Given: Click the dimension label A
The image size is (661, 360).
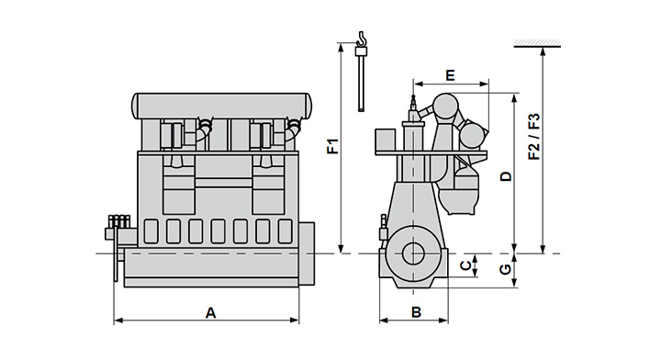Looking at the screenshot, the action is tap(210, 313).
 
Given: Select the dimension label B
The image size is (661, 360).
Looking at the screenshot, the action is tap(416, 312).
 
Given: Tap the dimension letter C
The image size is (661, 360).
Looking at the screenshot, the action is tap(465, 265).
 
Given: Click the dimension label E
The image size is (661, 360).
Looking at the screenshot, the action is tap(450, 75).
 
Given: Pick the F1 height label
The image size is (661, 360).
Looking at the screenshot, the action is tap(333, 146).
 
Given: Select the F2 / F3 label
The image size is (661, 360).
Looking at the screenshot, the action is tap(534, 137).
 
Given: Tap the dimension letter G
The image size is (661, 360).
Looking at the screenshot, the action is tap(505, 268).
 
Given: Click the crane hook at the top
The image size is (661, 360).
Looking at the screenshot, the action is tap(362, 39).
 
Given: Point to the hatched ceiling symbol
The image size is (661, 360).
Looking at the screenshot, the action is tap(537, 42).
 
